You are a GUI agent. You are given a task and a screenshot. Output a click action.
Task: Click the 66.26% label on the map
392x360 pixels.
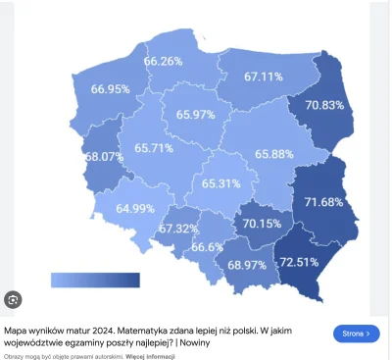click(164, 61)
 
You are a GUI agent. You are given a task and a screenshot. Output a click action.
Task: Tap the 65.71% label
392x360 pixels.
click(128, 148)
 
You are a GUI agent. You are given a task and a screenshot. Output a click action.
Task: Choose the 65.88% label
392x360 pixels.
click(275, 154)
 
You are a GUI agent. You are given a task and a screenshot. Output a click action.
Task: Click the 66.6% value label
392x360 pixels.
click(209, 248)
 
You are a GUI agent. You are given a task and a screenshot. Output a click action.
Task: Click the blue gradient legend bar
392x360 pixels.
click(95, 282)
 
